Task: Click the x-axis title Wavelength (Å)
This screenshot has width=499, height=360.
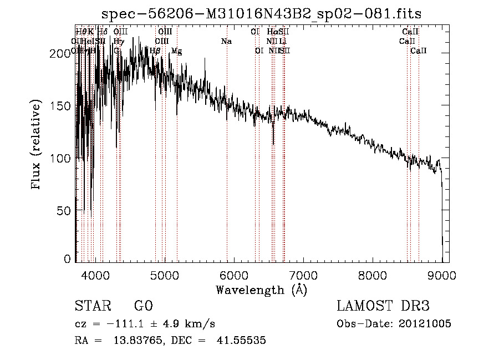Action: [261, 290]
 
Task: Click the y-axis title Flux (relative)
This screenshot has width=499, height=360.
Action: [37, 146]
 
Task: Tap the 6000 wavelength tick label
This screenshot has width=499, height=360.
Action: [233, 275]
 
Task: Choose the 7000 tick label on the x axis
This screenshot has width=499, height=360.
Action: [303, 275]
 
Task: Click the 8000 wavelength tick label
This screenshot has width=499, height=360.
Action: [373, 275]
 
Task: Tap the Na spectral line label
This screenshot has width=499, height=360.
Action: [226, 42]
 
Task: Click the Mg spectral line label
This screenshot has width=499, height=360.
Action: [176, 51]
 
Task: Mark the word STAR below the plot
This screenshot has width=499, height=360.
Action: [93, 306]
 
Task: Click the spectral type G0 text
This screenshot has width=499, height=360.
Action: [143, 306]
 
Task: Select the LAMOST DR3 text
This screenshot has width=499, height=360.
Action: [383, 306]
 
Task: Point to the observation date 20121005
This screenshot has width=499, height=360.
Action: [425, 324]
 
